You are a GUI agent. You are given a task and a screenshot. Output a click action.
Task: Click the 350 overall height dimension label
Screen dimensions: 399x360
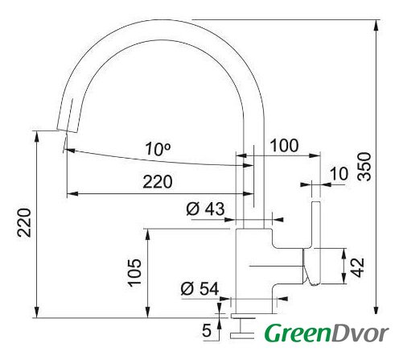tap(365, 166)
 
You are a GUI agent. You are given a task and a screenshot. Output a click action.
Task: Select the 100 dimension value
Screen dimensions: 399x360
tap(284, 146)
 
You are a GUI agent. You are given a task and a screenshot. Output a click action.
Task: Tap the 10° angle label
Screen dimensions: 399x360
tap(158, 149)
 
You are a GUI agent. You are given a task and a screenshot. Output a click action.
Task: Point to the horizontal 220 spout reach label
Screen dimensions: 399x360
tap(158, 182)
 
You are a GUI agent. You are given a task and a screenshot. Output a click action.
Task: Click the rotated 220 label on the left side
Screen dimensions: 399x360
tap(24, 222)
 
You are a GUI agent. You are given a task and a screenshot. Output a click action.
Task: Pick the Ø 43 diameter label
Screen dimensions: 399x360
tap(205, 209)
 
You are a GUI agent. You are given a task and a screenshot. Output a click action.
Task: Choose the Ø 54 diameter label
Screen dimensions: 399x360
tap(199, 288)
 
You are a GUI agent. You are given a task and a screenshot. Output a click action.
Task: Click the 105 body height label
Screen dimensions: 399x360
tap(134, 273)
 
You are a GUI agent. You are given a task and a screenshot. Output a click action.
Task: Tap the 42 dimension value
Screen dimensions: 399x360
tap(358, 267)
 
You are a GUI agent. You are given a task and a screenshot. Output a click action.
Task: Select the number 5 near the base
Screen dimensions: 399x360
tap(207, 330)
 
